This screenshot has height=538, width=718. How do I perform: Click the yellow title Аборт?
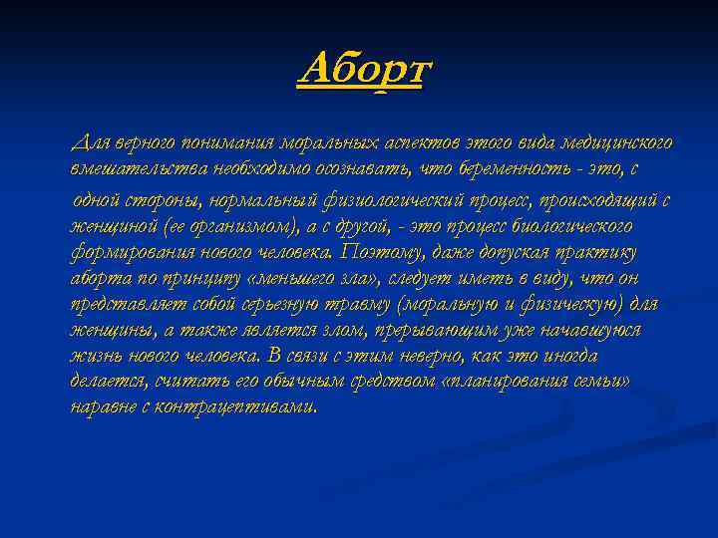coord(364,71)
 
